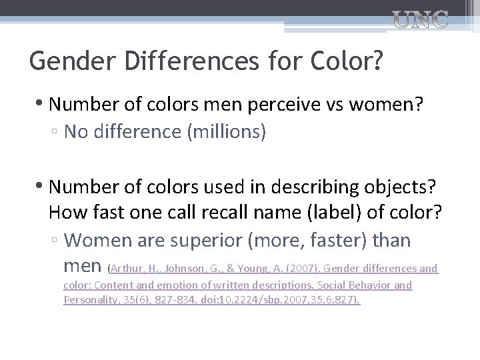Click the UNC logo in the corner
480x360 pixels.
point(421,21)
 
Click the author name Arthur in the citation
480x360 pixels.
point(128,269)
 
